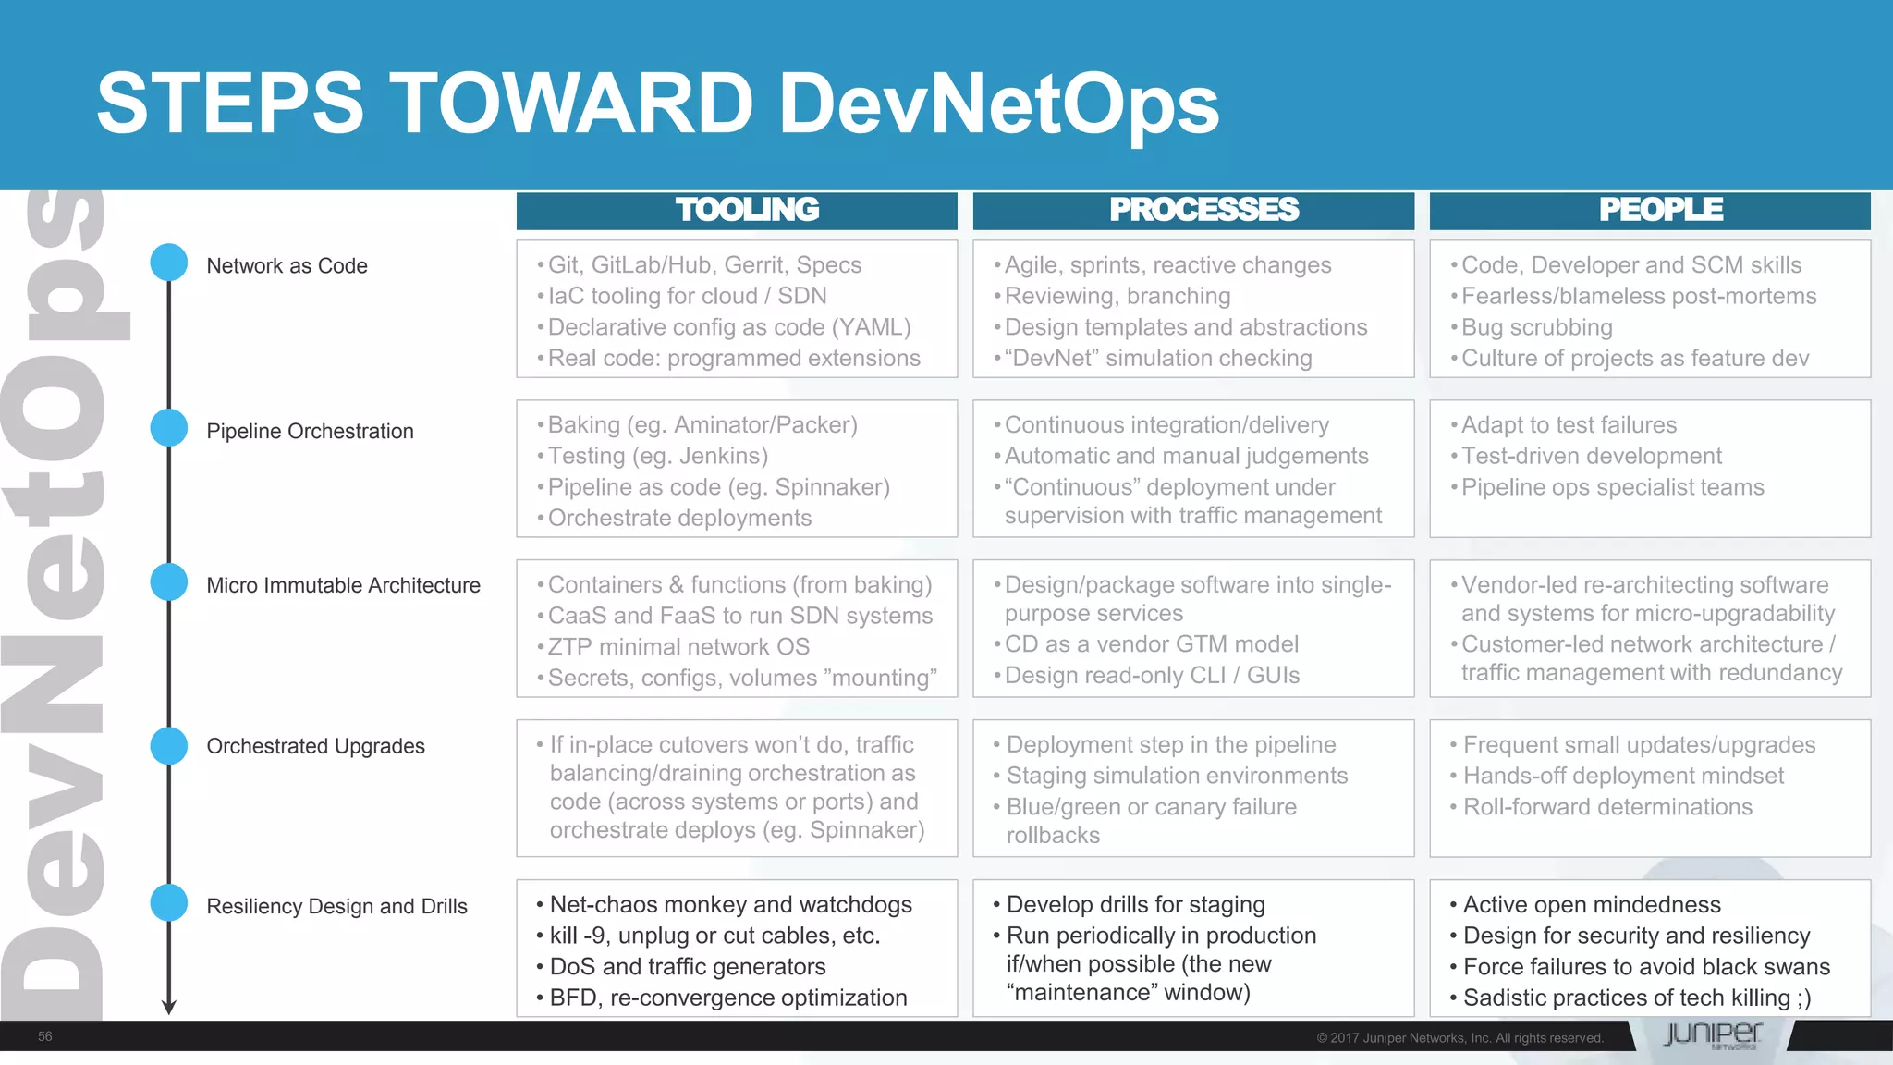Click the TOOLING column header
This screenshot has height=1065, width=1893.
(x=747, y=210)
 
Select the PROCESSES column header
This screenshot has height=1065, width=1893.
(x=1203, y=210)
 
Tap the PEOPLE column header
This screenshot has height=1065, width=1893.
(x=1660, y=210)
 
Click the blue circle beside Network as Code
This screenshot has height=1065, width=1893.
(x=169, y=263)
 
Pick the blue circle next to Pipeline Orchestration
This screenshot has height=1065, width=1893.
(x=169, y=428)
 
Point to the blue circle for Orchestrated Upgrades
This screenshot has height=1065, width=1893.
(x=169, y=746)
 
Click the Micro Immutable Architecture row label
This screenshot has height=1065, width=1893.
(x=343, y=585)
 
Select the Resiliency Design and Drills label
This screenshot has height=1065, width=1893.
(x=336, y=906)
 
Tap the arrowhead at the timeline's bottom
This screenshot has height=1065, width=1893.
(x=169, y=1007)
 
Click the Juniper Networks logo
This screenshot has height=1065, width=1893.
(x=1712, y=1034)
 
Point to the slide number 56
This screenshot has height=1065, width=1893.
(x=45, y=1036)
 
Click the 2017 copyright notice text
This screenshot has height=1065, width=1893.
(x=1459, y=1038)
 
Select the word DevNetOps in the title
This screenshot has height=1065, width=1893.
(x=998, y=104)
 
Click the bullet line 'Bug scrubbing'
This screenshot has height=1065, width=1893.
(x=1536, y=327)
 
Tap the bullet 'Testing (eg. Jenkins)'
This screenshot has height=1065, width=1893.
(x=657, y=456)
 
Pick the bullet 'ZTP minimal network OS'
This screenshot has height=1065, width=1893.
(x=678, y=647)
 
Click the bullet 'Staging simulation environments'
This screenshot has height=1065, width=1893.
(x=1177, y=776)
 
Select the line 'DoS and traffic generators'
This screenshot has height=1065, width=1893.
(x=688, y=967)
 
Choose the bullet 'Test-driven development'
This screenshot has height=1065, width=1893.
(x=1591, y=456)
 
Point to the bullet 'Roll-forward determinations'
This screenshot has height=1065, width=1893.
(x=1607, y=807)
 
